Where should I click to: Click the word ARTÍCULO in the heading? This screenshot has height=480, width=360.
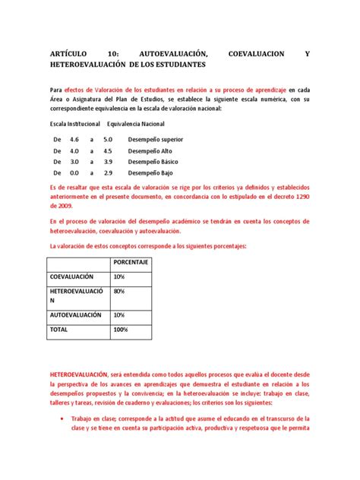point(69,53)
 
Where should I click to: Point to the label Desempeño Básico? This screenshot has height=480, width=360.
point(152,162)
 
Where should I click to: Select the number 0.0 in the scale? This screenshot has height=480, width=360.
point(74,172)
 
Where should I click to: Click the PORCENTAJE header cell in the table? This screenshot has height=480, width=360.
point(131,262)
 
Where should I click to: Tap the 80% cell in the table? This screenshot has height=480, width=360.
point(119,291)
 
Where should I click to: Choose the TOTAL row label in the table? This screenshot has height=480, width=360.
point(60,330)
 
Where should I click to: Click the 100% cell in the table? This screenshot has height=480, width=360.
point(121,330)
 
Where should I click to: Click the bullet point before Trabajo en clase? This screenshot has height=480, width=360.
point(64,418)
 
